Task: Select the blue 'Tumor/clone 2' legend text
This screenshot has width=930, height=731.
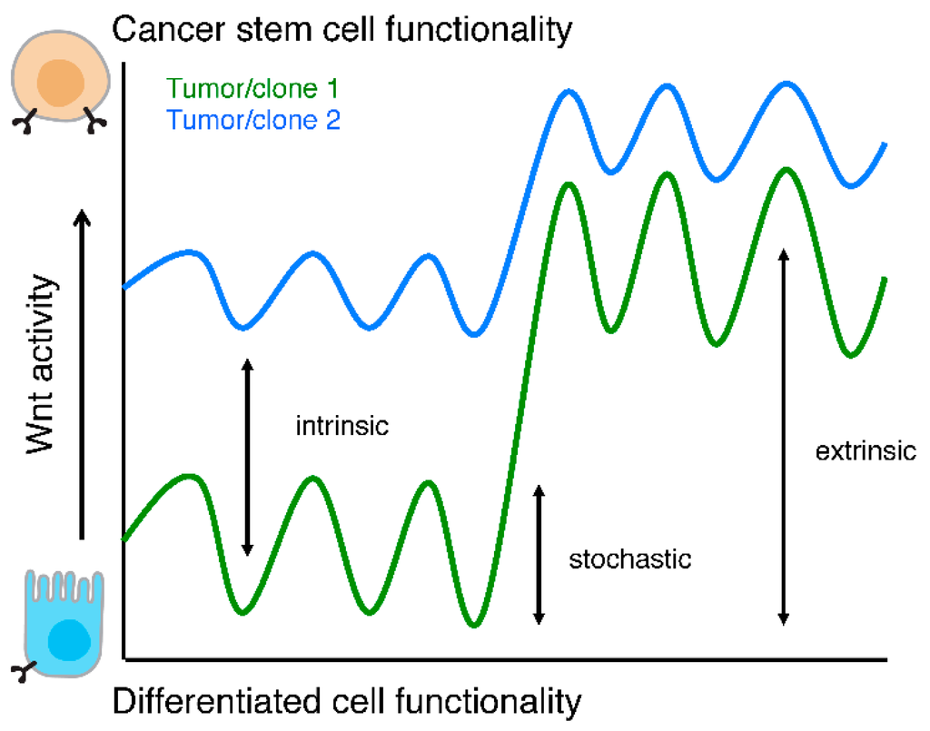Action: pyautogui.click(x=239, y=120)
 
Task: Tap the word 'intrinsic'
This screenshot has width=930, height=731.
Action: pyautogui.click(x=342, y=425)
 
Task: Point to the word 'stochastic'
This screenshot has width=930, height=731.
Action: pyautogui.click(x=630, y=558)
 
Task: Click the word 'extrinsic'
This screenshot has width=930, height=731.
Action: pyautogui.click(x=866, y=451)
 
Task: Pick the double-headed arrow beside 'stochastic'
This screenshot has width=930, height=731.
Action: pyautogui.click(x=539, y=555)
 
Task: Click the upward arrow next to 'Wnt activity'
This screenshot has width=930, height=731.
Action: pyautogui.click(x=83, y=372)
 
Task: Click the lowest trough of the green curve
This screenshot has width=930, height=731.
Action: pyautogui.click(x=473, y=625)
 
